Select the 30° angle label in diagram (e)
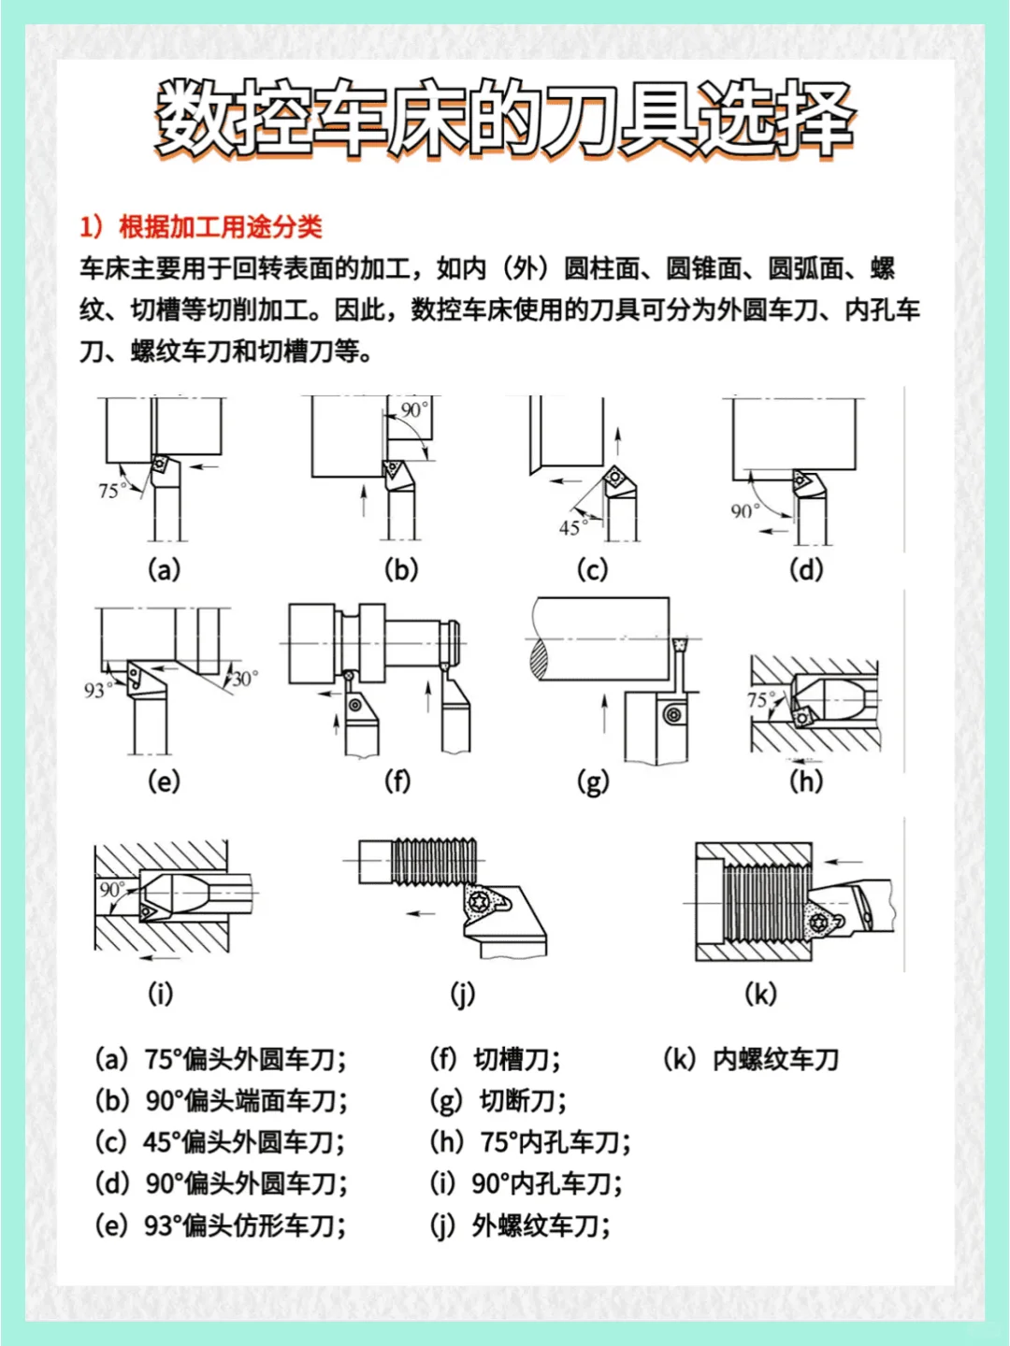[245, 679]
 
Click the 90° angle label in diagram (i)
[111, 889]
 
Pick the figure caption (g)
[593, 781]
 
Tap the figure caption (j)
[463, 994]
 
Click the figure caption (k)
[760, 994]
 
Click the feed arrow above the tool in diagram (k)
[845, 862]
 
